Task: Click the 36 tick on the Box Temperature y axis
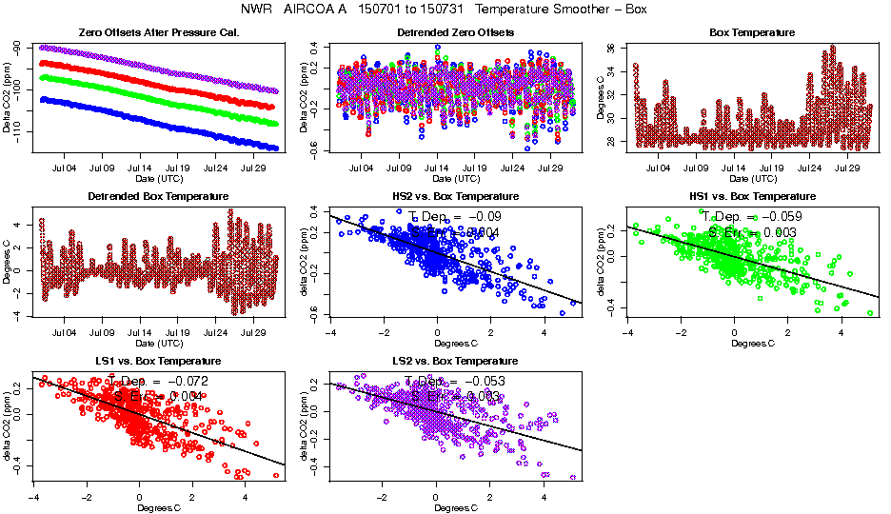611,48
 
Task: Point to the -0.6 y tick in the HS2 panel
315,314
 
